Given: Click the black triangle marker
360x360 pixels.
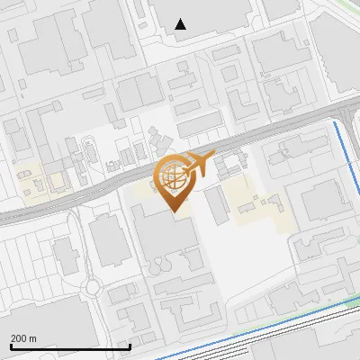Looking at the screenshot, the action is tap(181, 24).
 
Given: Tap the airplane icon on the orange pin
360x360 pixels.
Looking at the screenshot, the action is tap(199, 164).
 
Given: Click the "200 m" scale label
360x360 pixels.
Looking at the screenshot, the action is tap(23, 337).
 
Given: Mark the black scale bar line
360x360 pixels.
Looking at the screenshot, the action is tap(70, 346).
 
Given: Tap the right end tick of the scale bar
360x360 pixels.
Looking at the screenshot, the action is tap(130, 345).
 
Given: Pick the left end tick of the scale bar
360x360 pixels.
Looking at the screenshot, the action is tap(10, 345).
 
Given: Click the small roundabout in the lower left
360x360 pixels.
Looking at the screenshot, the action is tap(92, 289).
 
